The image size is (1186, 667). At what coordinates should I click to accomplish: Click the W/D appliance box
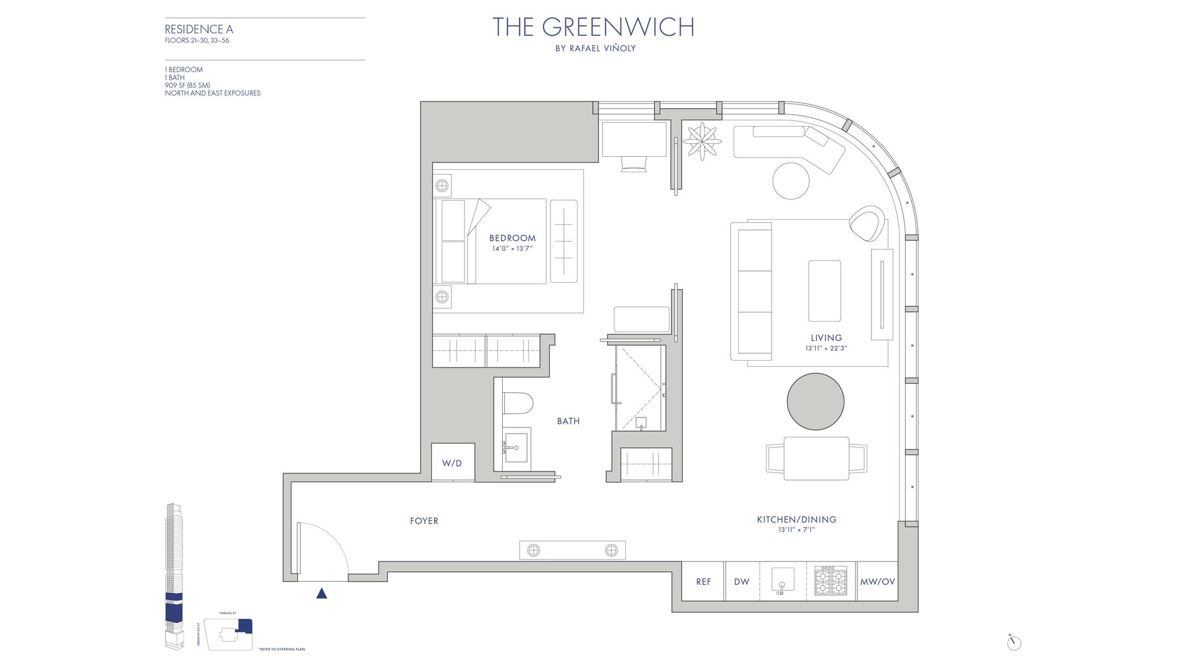tap(452, 463)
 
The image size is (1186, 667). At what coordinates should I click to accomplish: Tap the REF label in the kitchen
tap(703, 582)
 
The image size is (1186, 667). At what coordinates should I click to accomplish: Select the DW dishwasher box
tap(741, 582)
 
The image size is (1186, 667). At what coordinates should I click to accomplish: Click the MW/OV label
tap(877, 582)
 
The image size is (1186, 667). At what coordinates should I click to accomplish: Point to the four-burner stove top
tap(831, 581)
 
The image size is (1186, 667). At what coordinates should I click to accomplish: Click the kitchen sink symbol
tap(782, 581)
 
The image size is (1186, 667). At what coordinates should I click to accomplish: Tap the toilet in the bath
tap(518, 404)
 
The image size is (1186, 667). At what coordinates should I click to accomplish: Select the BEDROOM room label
tap(512, 238)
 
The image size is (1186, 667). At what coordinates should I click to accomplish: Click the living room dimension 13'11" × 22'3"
tap(826, 348)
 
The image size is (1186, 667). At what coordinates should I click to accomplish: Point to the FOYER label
tap(424, 521)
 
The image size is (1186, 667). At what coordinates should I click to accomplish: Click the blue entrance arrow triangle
tap(321, 594)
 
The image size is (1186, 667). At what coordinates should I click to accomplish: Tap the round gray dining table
tap(815, 401)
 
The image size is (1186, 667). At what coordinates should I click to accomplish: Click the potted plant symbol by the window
tap(702, 141)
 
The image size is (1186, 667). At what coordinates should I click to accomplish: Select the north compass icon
tap(1014, 642)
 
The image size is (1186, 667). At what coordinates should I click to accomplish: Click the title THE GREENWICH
tap(593, 27)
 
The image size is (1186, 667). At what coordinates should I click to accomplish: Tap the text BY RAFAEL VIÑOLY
tap(595, 49)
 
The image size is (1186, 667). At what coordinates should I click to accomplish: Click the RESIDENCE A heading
tap(199, 29)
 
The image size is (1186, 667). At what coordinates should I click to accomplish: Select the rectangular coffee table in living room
tap(824, 290)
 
